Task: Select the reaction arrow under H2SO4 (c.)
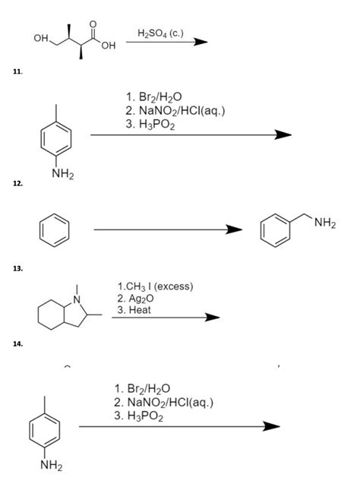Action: pos(166,43)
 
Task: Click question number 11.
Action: pos(17,72)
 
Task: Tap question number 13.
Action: pos(17,269)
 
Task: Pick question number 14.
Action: pos(17,343)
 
